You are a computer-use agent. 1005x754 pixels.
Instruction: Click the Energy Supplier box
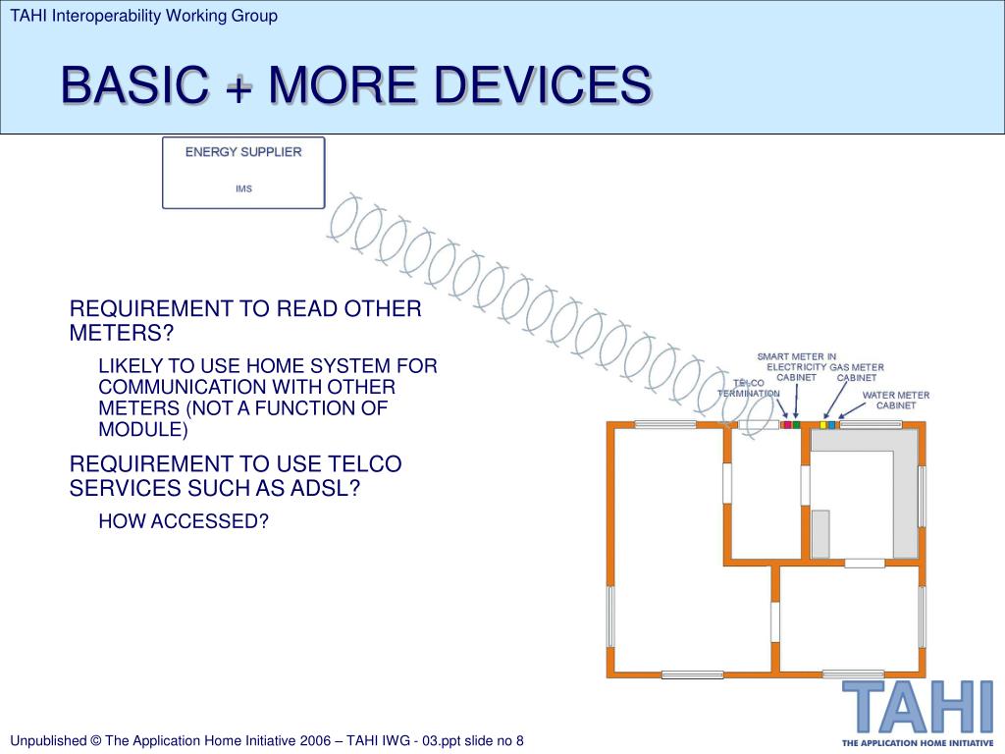coord(243,173)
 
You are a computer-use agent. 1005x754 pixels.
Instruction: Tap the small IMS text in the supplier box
coord(243,188)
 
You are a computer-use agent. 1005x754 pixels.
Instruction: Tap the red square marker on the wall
coord(786,425)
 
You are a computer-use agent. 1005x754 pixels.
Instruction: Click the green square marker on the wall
coord(797,425)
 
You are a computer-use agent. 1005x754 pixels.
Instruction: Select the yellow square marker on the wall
coord(822,425)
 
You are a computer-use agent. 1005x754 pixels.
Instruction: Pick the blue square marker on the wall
coord(832,425)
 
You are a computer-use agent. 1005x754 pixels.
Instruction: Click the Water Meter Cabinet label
coord(895,401)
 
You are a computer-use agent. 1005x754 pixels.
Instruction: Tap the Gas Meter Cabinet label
coord(856,372)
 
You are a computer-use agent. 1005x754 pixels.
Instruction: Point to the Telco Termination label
coord(748,388)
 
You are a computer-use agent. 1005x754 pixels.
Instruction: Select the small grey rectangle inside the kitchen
coord(820,534)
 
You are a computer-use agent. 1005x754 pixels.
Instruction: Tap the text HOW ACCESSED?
coord(184,521)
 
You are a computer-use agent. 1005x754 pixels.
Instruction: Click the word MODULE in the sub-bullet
coord(139,430)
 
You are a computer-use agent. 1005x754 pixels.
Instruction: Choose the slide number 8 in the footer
coord(520,741)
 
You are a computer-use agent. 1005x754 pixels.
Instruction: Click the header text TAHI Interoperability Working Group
coord(144,16)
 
